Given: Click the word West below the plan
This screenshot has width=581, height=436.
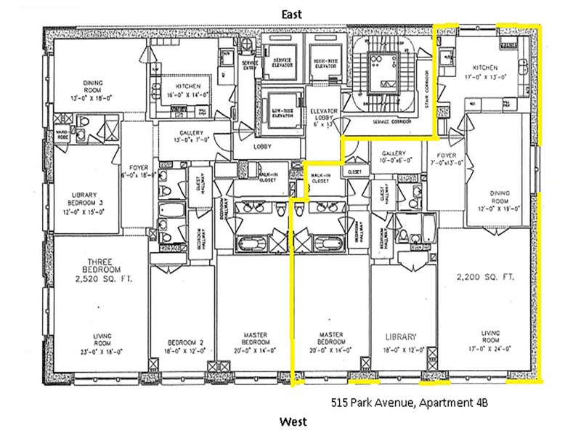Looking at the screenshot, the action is point(294,421).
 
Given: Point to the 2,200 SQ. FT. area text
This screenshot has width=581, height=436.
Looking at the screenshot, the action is point(485,277).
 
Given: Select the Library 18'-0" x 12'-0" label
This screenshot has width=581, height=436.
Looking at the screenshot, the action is point(401,340).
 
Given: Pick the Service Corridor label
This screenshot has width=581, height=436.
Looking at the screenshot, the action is point(392,121).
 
